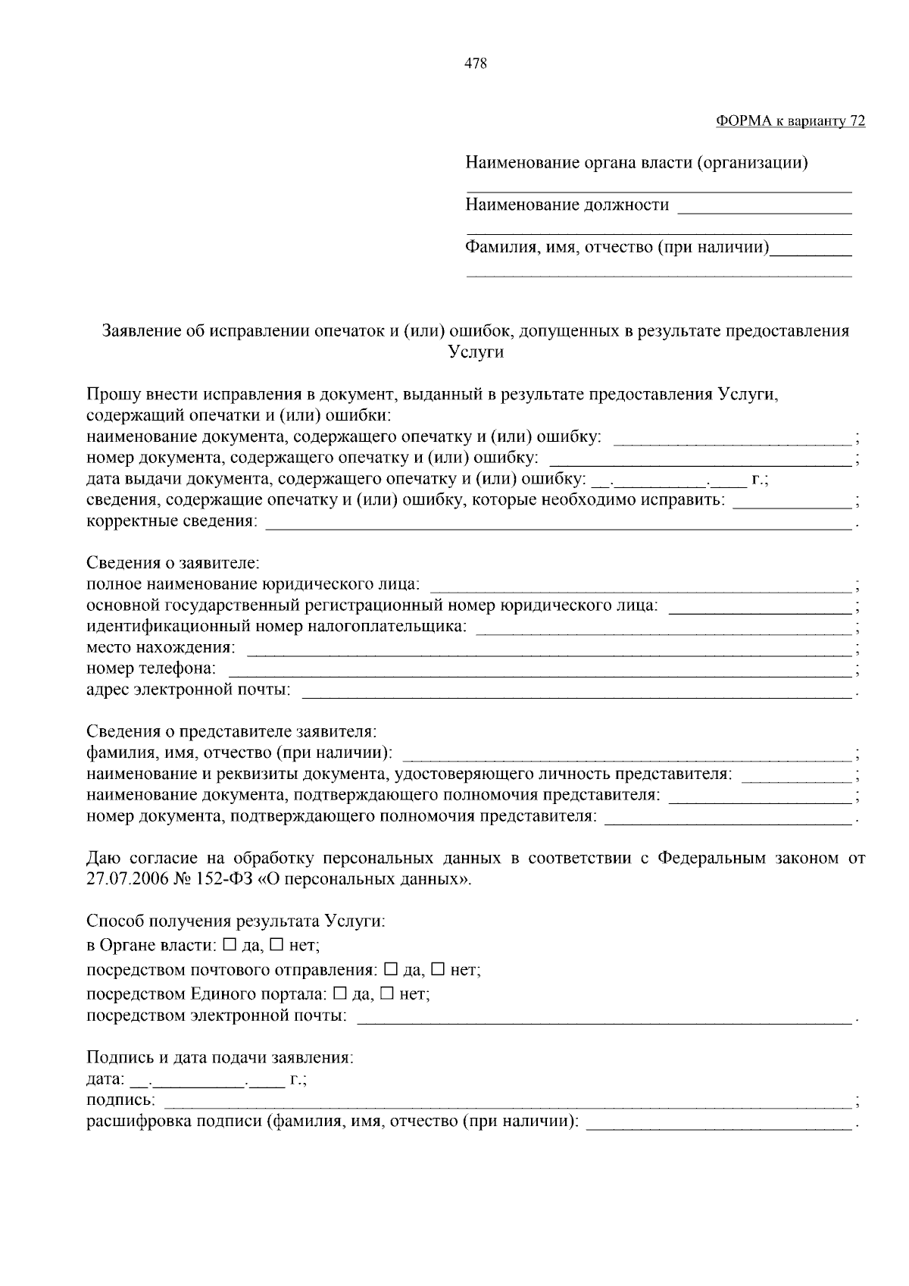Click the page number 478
tap(475, 64)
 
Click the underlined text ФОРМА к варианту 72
tap(790, 121)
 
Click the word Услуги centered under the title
tap(476, 352)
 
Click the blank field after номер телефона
tap(539, 671)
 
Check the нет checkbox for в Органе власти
tap(276, 945)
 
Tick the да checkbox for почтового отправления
tap(391, 969)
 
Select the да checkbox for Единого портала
tap(340, 993)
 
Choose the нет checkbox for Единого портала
tap(386, 993)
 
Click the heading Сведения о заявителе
tap(173, 563)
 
